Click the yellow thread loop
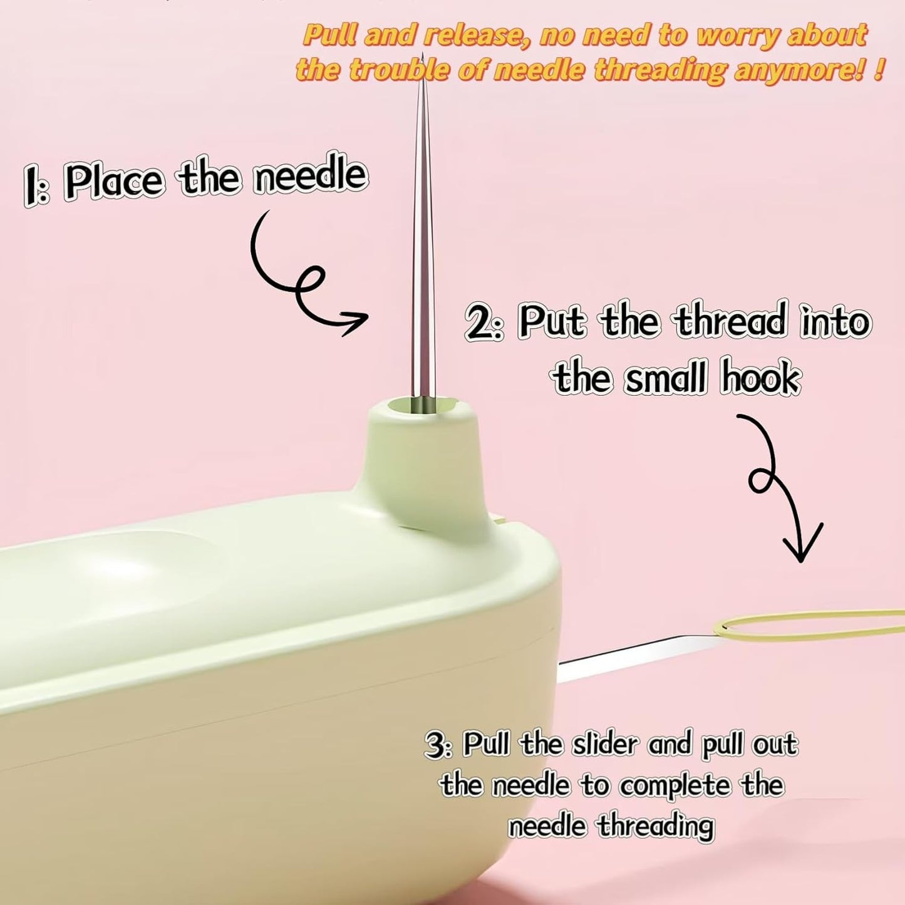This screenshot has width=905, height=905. click(x=808, y=626)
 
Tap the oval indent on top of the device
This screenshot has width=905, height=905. click(x=132, y=567)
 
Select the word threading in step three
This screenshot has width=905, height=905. click(x=654, y=826)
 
